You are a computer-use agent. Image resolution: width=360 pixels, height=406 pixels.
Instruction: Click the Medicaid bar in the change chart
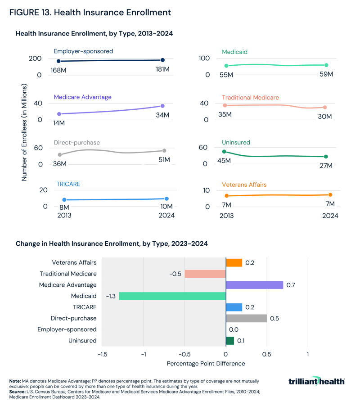(x=172, y=296)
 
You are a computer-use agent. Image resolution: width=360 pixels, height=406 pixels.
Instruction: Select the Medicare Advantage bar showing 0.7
(x=254, y=285)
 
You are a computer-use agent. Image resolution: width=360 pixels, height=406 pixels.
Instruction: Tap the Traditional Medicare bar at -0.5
(x=205, y=274)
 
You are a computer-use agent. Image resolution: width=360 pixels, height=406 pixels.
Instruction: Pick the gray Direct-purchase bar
(x=246, y=318)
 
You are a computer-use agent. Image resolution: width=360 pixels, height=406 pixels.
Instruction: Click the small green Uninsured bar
(x=230, y=340)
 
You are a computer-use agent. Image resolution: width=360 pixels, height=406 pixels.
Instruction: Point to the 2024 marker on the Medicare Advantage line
(x=162, y=106)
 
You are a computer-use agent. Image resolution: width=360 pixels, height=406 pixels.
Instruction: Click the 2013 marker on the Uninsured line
(x=224, y=152)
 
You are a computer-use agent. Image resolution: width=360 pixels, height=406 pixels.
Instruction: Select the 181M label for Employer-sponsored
(x=162, y=69)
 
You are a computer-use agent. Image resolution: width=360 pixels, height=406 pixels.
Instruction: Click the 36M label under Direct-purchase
(x=59, y=164)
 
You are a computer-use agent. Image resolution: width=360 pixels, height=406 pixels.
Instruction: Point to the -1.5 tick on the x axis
(x=103, y=355)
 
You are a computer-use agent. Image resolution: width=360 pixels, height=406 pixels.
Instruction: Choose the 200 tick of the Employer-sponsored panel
(x=36, y=59)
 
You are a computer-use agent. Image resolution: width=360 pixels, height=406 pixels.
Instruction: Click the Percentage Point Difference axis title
(x=206, y=363)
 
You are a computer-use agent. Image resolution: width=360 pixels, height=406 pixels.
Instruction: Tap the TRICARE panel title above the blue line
(x=68, y=184)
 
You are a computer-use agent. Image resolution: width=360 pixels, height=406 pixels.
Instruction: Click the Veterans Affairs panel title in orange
(x=244, y=185)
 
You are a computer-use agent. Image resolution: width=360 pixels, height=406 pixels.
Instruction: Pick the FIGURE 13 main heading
(x=90, y=13)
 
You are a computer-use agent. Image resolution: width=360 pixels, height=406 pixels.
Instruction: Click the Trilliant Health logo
(x=316, y=381)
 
